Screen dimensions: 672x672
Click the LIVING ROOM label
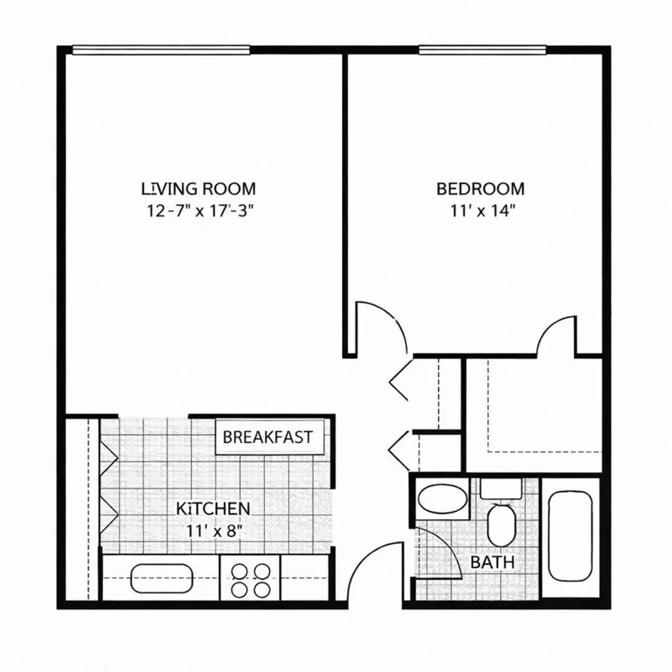pos(198,188)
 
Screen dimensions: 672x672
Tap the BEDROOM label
pos(480,188)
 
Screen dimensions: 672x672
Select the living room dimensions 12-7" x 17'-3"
pos(202,210)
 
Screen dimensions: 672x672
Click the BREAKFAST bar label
pos(268,437)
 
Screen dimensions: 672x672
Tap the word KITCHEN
pos(213,508)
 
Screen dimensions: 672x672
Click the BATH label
pos(492,562)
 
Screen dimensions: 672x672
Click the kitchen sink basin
pos(162,579)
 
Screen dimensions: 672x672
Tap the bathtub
pos(570,536)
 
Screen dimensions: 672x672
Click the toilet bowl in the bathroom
pos(500,526)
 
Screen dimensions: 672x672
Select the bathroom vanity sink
pos(442,499)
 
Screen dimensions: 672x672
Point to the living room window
pos(161,50)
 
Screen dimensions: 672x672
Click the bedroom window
pos(482,50)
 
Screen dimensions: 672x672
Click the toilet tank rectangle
pos(500,488)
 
